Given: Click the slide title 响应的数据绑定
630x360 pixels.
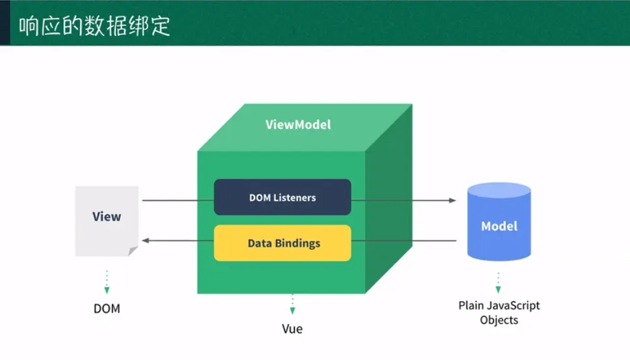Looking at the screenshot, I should point(95,27).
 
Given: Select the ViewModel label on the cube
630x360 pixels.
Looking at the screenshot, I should point(298,124).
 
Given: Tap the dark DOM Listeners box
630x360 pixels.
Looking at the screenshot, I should point(282,197).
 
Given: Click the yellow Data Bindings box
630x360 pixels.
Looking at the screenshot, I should point(282,243).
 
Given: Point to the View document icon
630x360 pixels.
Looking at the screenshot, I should point(107,220).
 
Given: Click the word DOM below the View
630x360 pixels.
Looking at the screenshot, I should point(107,309).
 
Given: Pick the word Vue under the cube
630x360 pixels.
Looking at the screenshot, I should point(292,329).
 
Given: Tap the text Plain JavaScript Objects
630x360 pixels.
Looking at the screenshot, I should point(499,312).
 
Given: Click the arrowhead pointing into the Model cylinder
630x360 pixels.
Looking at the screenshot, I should point(453,201).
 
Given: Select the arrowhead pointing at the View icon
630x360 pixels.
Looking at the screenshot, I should point(146,241).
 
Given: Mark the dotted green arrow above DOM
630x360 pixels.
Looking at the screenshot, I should point(107,282).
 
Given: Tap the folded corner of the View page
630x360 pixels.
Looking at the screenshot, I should point(133,251).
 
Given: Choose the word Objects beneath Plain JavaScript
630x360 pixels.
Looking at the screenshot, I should point(499,320).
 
